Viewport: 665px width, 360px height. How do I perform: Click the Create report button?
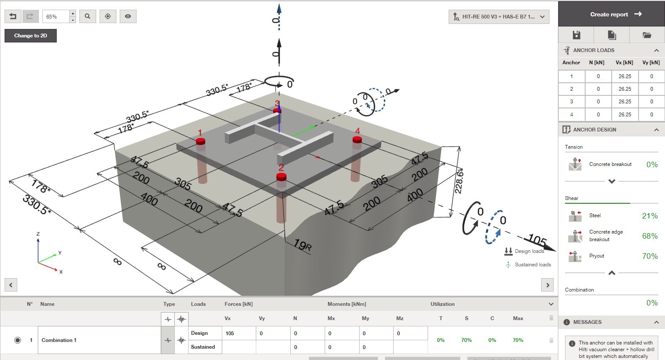pyautogui.click(x=611, y=14)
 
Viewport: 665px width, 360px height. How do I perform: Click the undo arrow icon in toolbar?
pyautogui.click(x=13, y=16)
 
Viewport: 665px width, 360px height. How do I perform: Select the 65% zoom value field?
pyautogui.click(x=55, y=16)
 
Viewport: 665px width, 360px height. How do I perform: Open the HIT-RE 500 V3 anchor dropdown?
pyautogui.click(x=499, y=17)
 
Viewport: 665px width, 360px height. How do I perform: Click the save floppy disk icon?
pyautogui.click(x=576, y=35)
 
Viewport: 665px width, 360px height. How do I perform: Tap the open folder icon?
pyautogui.click(x=647, y=35)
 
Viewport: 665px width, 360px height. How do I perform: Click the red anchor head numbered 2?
pyautogui.click(x=281, y=177)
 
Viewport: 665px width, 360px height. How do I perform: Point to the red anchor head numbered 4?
pyautogui.click(x=357, y=139)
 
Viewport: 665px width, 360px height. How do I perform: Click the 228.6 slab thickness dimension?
pyautogui.click(x=459, y=181)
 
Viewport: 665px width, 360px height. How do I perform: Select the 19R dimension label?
pyautogui.click(x=302, y=245)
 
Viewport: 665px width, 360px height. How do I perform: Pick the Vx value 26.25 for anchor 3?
pyautogui.click(x=625, y=102)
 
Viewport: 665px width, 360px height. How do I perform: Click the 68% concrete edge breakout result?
pyautogui.click(x=649, y=236)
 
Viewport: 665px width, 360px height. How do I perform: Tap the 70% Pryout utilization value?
pyautogui.click(x=649, y=256)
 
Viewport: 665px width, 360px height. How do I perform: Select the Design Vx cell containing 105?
pyautogui.click(x=238, y=334)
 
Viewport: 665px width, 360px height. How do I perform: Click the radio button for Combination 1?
pyautogui.click(x=18, y=340)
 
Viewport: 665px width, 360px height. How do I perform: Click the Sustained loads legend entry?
pyautogui.click(x=532, y=265)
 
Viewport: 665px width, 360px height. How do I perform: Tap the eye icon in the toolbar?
pyautogui.click(x=128, y=16)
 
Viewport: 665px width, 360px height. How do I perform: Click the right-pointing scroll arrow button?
pyautogui.click(x=547, y=285)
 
